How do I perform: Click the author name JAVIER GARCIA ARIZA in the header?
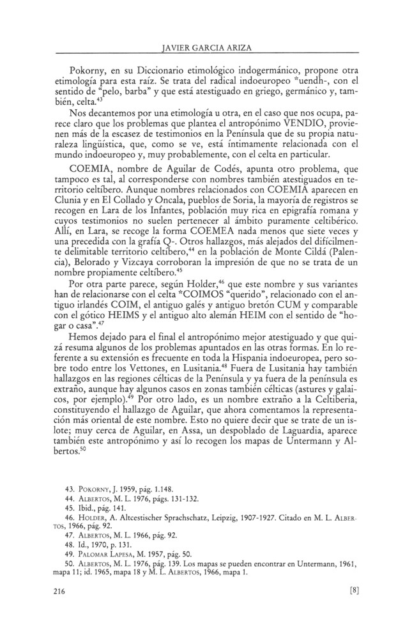click(x=206, y=45)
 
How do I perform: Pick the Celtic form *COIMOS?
click(x=220, y=307)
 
